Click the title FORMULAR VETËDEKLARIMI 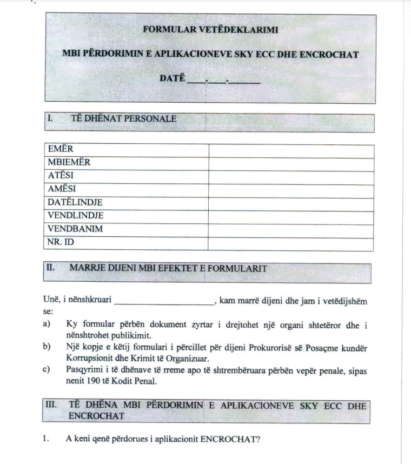point(210,30)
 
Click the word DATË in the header point(173,78)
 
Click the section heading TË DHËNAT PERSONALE point(123,118)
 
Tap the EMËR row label point(61,149)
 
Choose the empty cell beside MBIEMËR point(290,163)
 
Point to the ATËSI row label point(61,176)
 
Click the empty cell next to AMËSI point(290,189)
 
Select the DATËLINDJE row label point(75,202)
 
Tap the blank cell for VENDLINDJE point(290,216)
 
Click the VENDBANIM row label point(75,229)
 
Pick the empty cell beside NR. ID point(290,242)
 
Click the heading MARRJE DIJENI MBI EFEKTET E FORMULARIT point(168,268)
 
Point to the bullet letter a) point(47,324)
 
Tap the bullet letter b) point(47,347)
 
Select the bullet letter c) point(47,370)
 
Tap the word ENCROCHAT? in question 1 point(230,439)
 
